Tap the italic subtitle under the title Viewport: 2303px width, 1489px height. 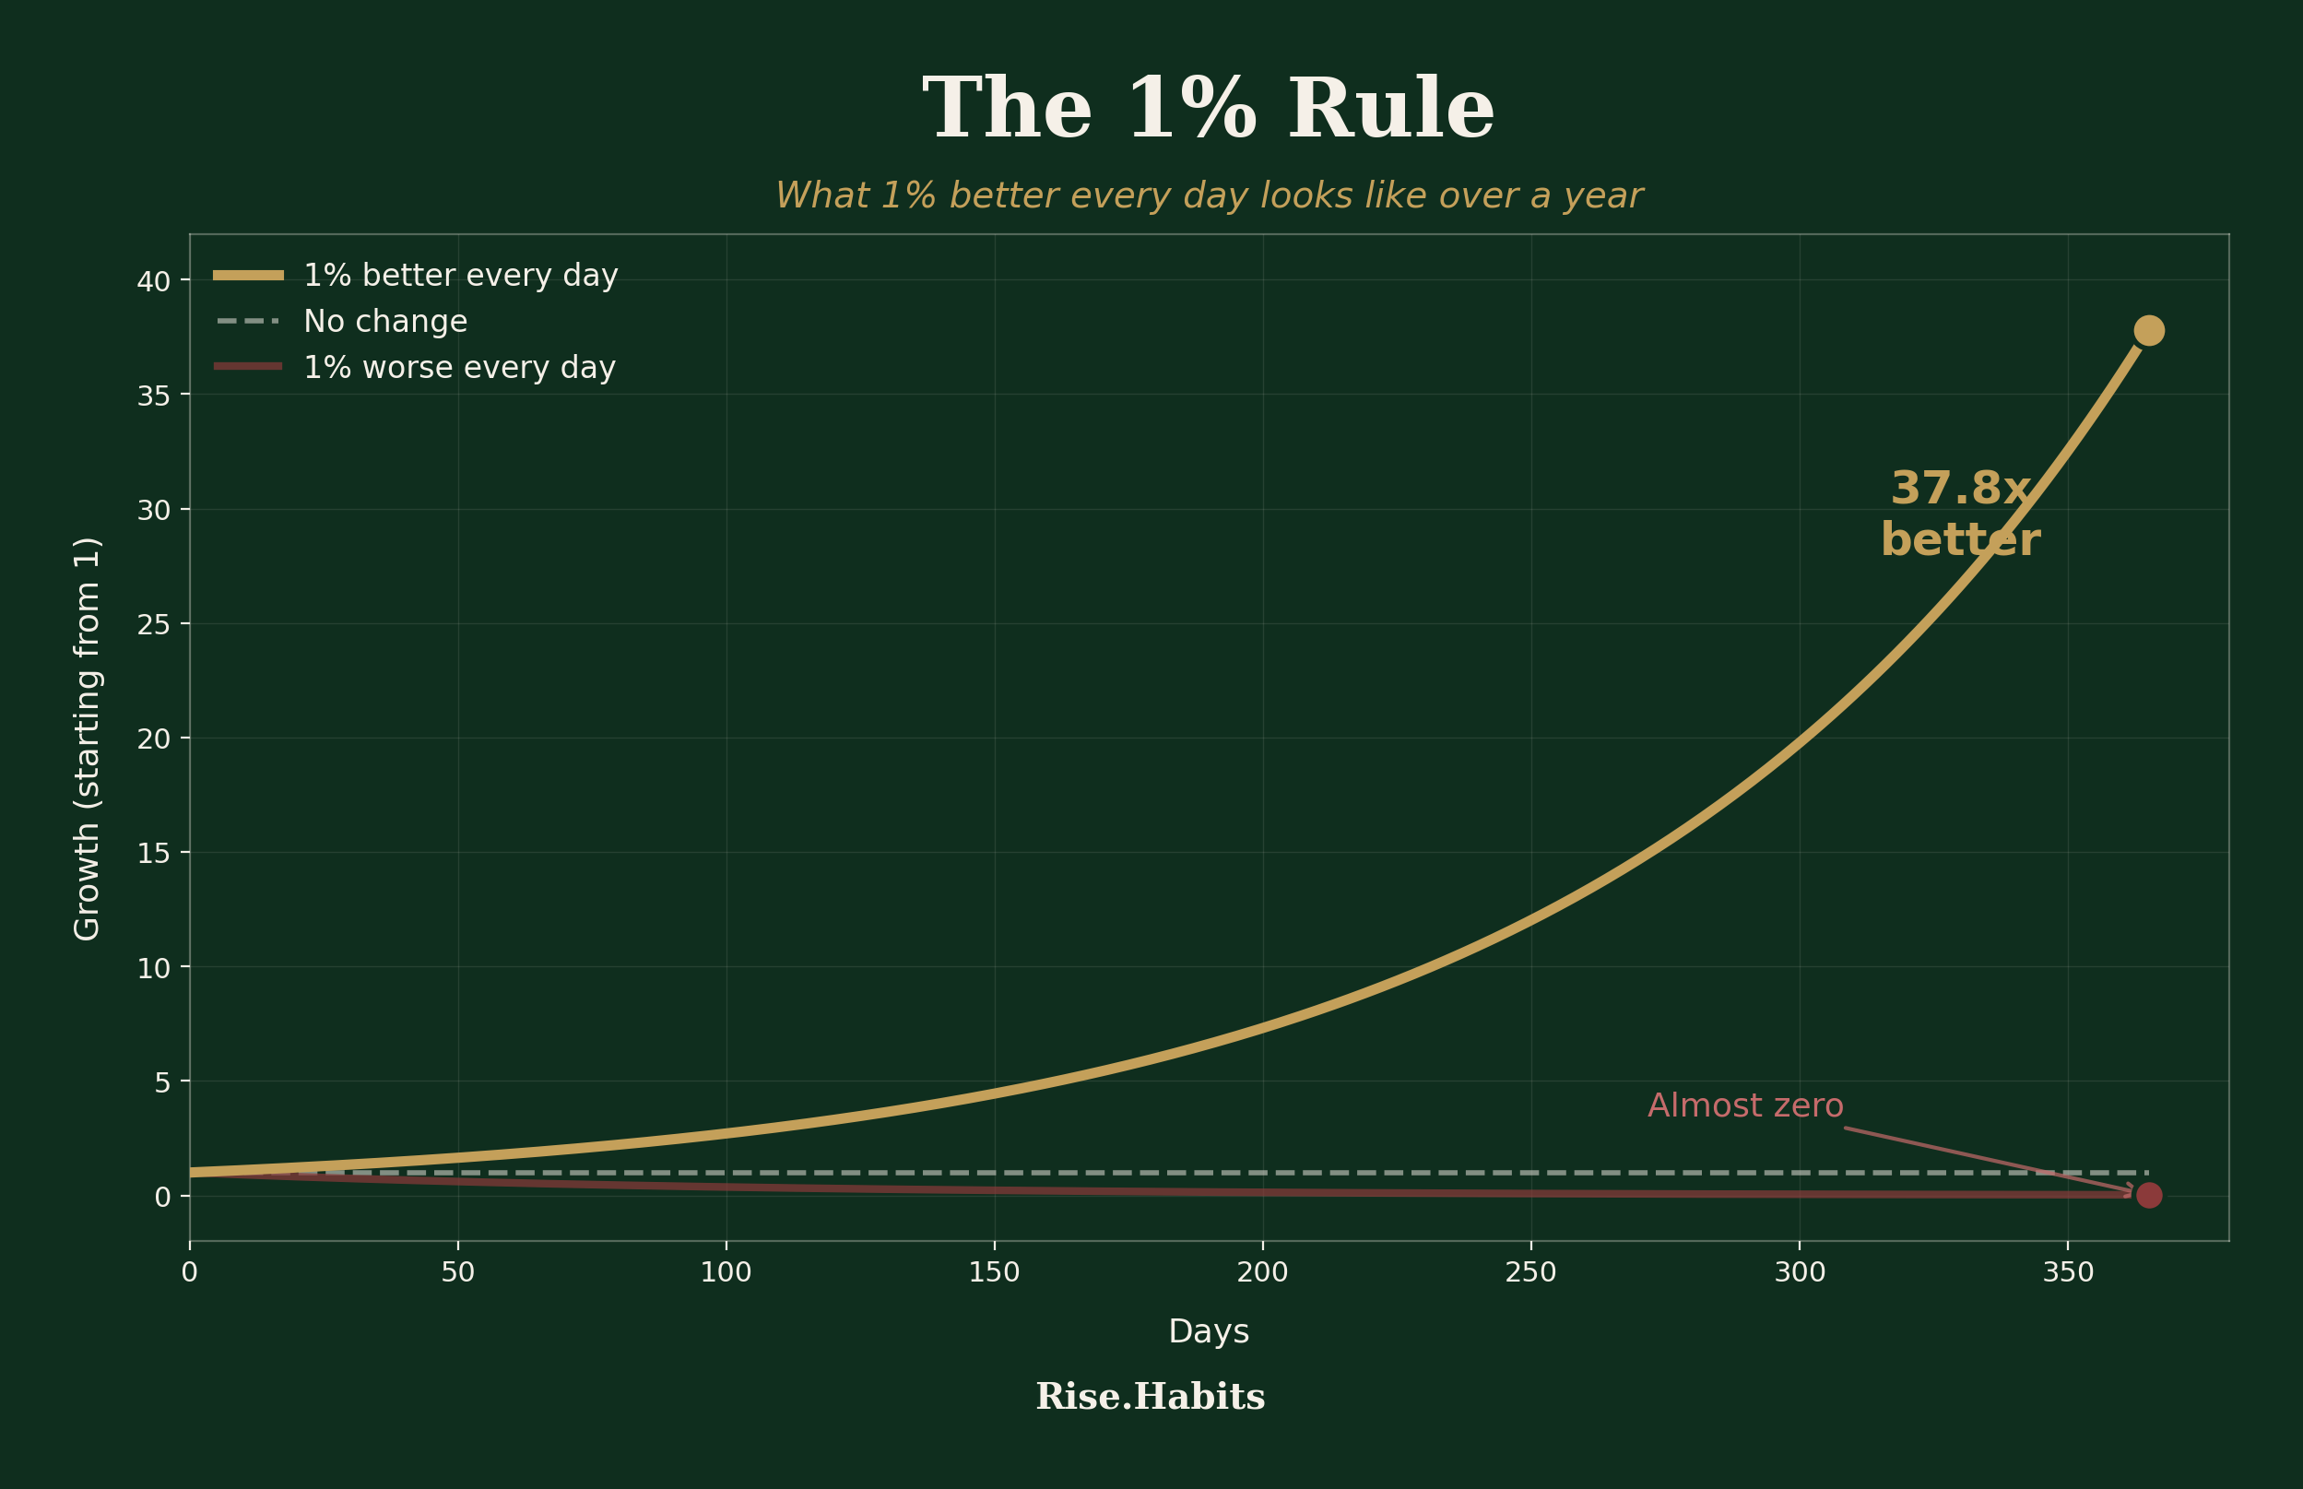pos(1209,196)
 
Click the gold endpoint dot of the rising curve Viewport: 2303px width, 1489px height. pos(2148,331)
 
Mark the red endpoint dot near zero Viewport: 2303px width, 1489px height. pos(2148,1196)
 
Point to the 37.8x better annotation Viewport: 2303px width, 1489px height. pos(1961,514)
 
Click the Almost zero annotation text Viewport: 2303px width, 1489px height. pos(1745,1106)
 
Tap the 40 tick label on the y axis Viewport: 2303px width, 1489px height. pos(153,281)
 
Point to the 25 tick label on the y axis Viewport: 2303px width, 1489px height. pos(153,624)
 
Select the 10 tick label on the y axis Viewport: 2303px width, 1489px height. pos(153,968)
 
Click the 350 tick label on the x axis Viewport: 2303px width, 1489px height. pos(2068,1272)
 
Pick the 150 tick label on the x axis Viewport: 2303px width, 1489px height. pos(994,1272)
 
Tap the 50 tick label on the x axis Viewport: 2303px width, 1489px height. pos(457,1272)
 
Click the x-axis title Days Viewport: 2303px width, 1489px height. pos(1209,1332)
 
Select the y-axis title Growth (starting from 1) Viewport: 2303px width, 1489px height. pos(88,739)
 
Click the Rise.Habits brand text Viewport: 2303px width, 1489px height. pos(1151,1397)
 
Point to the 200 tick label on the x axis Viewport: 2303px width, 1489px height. pos(1263,1272)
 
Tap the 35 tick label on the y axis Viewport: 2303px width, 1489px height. pos(153,396)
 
